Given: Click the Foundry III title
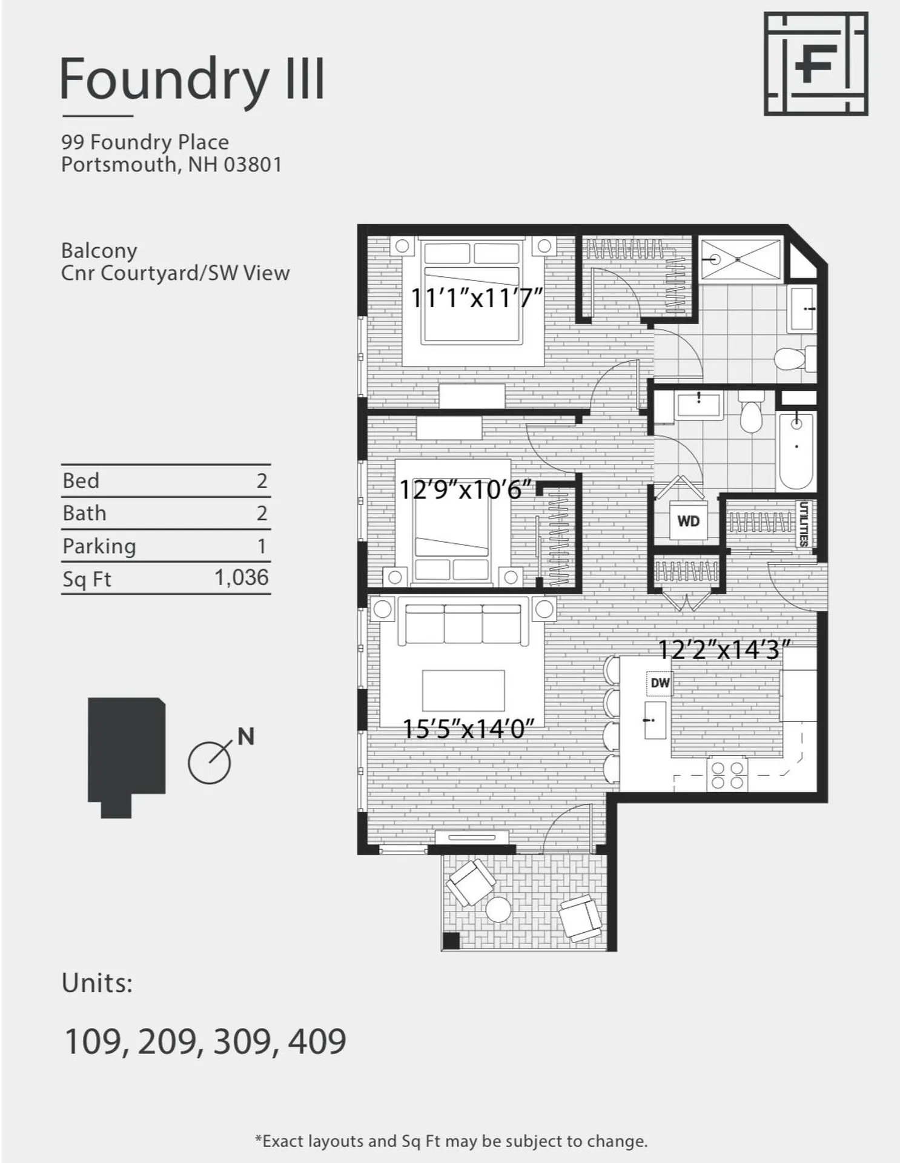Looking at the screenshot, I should [193, 79].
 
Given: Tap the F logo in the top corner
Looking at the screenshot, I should [815, 64].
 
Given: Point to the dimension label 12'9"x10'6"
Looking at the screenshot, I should [465, 489].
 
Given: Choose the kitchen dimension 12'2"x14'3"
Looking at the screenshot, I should [724, 650].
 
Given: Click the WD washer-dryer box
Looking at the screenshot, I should [688, 521].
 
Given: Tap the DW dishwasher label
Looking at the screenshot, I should [660, 683].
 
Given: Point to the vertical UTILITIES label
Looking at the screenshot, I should [803, 523].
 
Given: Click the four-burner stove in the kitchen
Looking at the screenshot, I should [727, 775].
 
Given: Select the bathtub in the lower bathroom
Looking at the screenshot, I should [796, 449].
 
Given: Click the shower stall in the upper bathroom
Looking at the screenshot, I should [740, 259].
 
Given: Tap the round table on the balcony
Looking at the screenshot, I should [498, 909].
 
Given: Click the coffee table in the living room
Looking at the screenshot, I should [463, 690].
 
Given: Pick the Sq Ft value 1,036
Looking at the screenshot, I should [242, 577].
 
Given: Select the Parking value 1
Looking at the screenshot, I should [262, 546].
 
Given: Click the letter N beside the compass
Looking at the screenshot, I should [245, 737].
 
